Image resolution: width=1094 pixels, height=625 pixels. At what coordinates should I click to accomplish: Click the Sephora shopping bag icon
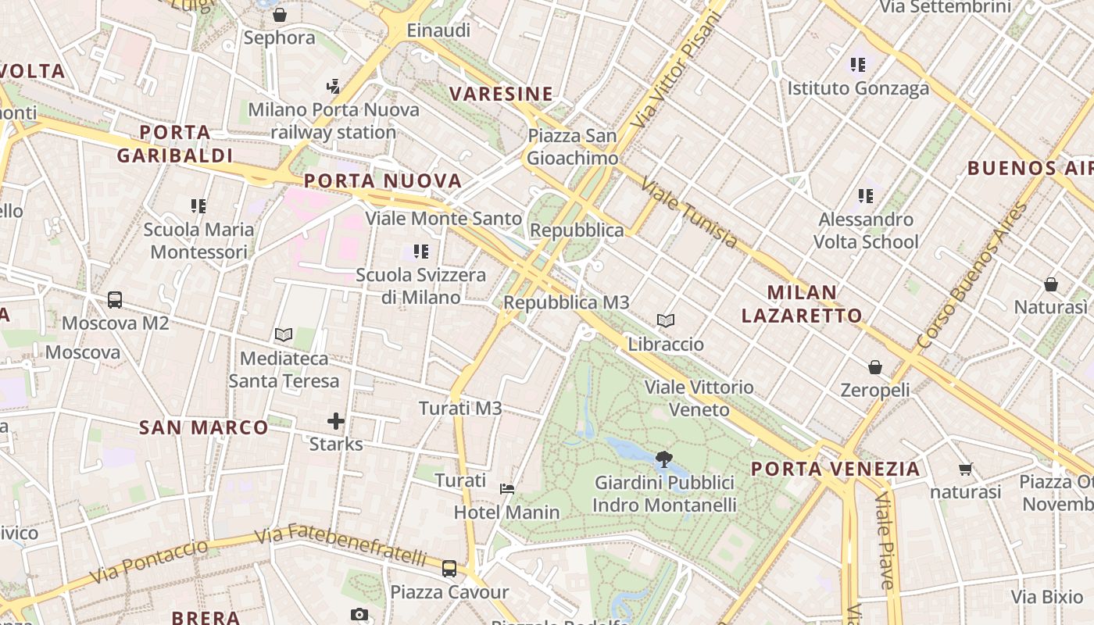[280, 14]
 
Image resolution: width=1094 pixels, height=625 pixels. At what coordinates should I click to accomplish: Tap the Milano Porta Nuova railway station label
[334, 120]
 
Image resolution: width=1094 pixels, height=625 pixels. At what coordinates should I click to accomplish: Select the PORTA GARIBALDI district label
[175, 144]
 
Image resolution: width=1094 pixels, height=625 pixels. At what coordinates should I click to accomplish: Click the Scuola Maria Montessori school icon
[198, 206]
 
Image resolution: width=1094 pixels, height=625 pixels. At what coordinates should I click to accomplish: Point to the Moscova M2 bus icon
[115, 299]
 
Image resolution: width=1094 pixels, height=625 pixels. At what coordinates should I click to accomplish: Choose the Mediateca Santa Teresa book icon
[284, 335]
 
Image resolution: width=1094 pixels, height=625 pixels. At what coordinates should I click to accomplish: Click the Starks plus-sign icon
[336, 422]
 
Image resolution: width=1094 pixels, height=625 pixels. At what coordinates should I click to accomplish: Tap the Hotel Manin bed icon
[507, 489]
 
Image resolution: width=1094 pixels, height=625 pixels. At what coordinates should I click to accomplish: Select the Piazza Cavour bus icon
[449, 569]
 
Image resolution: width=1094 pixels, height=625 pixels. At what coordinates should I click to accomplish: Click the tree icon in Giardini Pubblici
[664, 459]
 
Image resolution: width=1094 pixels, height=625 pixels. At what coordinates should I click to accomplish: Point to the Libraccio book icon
[666, 320]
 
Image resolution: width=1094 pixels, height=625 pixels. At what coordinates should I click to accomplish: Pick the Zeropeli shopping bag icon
[875, 366]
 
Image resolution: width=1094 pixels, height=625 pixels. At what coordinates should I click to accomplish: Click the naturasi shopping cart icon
[965, 470]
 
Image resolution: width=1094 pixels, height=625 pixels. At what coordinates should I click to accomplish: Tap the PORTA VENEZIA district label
[835, 469]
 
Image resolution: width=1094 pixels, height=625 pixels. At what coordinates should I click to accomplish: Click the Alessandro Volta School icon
[866, 195]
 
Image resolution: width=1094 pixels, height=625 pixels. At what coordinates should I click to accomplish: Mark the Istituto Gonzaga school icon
[859, 65]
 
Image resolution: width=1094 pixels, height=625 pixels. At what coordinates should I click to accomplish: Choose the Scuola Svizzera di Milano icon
[421, 252]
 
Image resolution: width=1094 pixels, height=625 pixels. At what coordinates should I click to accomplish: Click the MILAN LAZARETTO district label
[802, 304]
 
